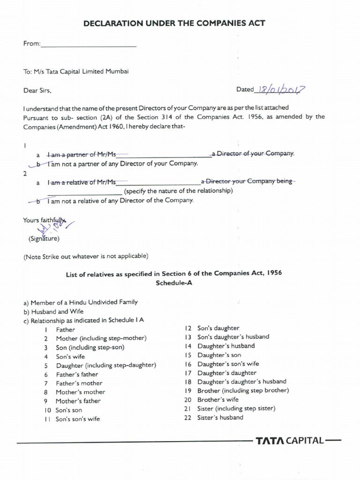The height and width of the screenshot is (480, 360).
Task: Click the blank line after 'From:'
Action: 89,45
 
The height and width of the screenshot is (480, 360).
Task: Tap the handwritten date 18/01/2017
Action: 279,90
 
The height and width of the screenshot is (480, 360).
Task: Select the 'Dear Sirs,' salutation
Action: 37,90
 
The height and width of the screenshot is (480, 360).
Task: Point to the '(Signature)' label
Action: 44,239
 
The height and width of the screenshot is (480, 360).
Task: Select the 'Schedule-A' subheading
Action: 173,284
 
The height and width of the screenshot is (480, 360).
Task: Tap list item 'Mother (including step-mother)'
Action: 101,338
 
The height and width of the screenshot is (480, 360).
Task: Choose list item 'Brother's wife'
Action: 218,400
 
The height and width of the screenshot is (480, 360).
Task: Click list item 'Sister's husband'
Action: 220,418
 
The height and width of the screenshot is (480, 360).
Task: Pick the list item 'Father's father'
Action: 77,374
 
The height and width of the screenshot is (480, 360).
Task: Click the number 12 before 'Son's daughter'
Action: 188,328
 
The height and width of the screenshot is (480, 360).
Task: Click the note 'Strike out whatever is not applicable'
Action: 86,256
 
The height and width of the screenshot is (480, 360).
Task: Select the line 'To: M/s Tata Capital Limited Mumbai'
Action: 76,72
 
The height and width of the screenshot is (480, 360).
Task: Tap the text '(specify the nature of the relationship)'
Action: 178,191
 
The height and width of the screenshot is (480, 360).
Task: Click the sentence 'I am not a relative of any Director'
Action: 120,201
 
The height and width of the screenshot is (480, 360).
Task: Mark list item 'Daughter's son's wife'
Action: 228,364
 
